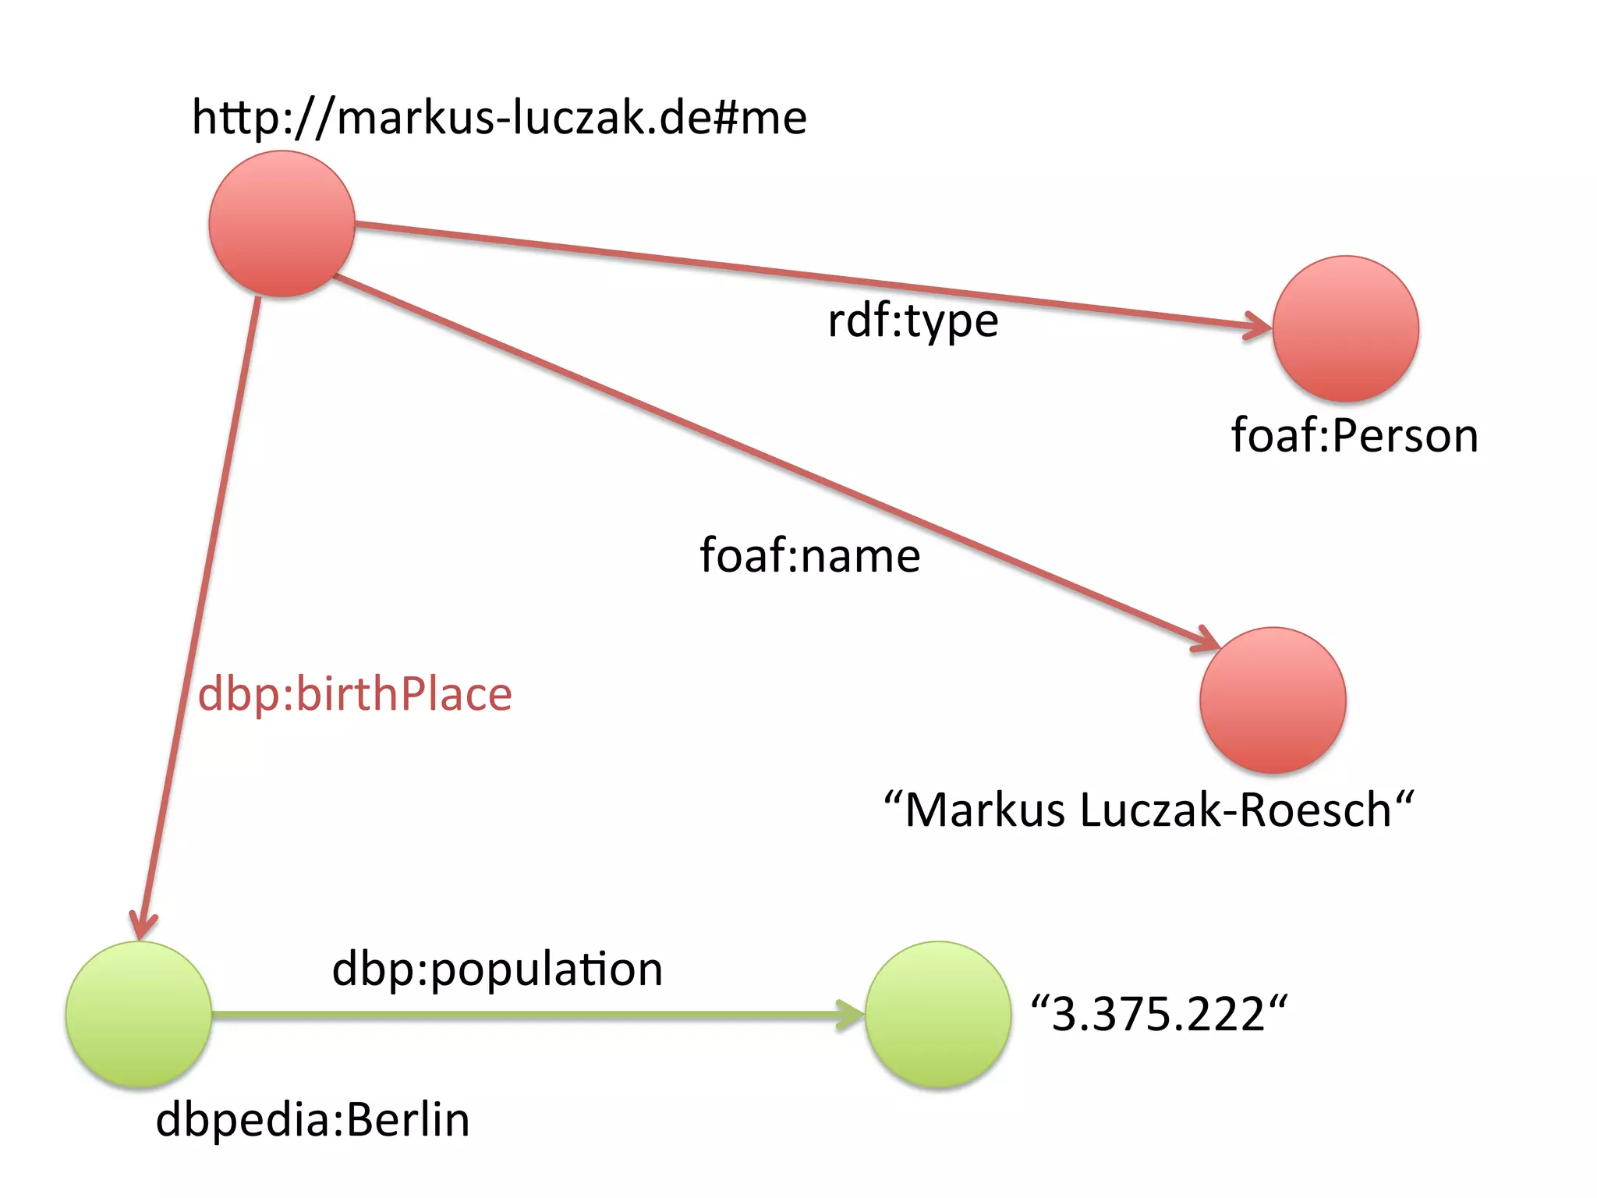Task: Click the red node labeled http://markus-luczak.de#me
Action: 282,224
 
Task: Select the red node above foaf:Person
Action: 1345,328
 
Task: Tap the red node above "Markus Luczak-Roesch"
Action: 1273,700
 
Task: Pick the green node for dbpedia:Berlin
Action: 139,1014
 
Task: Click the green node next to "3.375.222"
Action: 938,1014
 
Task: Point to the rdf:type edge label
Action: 912,321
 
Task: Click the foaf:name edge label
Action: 809,555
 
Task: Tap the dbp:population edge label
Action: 498,969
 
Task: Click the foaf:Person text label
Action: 1354,435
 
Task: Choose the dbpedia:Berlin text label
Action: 313,1120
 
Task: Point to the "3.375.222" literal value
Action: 1159,1014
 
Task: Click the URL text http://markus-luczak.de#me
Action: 499,118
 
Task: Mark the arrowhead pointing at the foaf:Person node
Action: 1259,326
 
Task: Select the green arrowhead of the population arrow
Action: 852,1015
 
